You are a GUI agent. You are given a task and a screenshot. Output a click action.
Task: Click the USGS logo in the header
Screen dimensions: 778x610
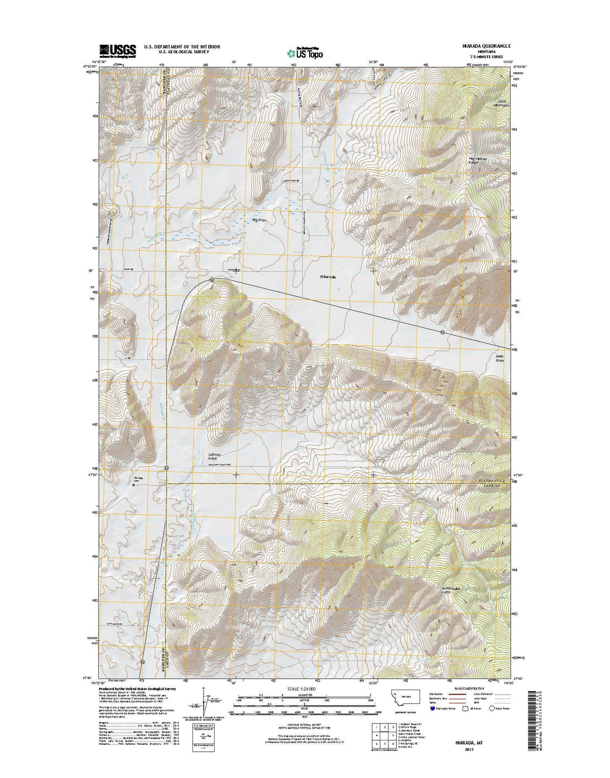tap(117, 49)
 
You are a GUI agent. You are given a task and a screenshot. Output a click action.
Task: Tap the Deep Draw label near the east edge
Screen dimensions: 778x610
tap(500, 358)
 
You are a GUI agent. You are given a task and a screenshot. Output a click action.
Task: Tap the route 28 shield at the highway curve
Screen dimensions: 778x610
tap(210, 280)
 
